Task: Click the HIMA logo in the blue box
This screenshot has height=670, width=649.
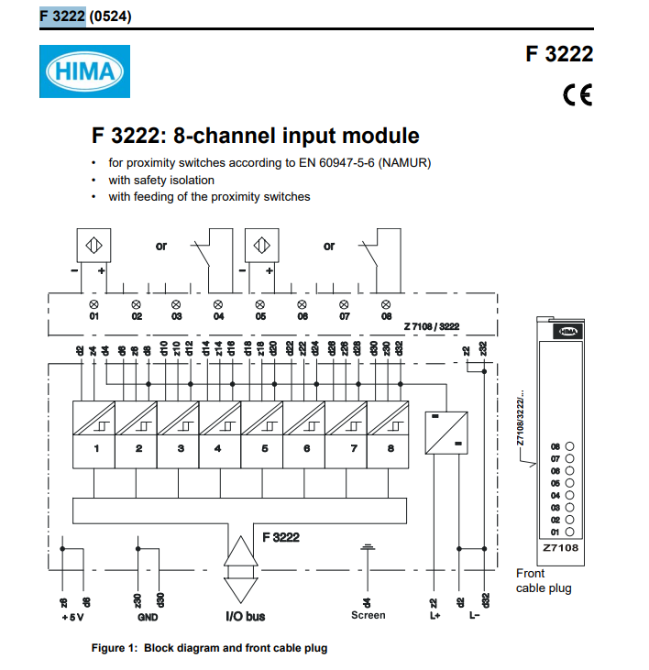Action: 84,72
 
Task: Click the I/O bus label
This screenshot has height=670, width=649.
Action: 245,616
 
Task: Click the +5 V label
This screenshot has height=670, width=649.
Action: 71,616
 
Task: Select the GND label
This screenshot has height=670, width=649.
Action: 148,616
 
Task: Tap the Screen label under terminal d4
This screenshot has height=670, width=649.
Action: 368,615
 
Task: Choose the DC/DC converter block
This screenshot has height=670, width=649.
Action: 446,433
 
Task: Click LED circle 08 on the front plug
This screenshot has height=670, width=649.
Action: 569,445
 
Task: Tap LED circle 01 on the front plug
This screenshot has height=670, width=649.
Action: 569,531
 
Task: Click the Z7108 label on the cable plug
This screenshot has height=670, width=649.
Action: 559,548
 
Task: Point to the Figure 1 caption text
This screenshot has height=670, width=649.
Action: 209,648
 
